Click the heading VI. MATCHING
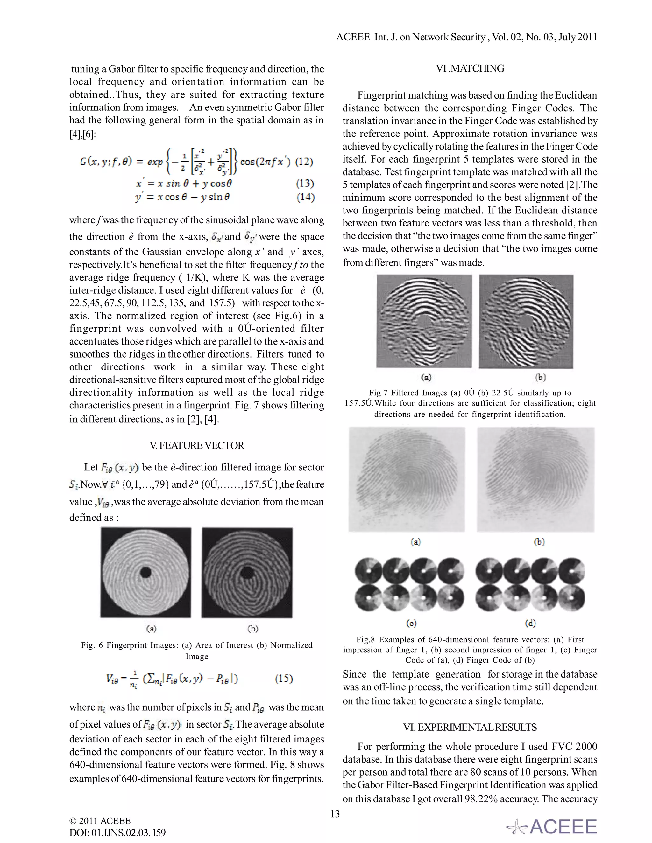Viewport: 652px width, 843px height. [x=470, y=69]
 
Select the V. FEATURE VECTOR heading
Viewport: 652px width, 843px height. [x=197, y=445]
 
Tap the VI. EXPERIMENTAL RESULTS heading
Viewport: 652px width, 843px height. [x=470, y=727]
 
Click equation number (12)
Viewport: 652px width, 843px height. [x=304, y=161]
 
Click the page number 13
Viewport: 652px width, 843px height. [x=335, y=814]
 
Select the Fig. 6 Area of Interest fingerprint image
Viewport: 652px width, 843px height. [x=145, y=572]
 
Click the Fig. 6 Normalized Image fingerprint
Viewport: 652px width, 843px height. [x=247, y=572]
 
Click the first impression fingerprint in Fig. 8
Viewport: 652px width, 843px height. [x=407, y=479]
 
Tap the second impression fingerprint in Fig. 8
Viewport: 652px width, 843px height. [x=536, y=479]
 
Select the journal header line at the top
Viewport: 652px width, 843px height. [x=466, y=37]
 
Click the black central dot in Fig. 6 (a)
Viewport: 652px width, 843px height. [x=145, y=572]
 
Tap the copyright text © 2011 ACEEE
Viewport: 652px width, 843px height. [x=100, y=821]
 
